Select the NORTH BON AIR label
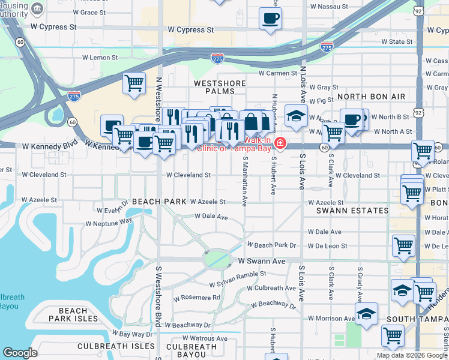click(371, 97)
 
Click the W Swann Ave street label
click(261, 262)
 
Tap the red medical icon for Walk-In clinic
click(280, 145)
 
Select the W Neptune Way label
click(109, 223)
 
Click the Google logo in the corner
click(20, 353)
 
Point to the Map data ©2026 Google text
click(411, 355)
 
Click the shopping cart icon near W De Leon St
click(403, 245)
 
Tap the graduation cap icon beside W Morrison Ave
click(366, 313)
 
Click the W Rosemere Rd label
click(197, 298)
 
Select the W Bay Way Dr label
click(133, 334)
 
